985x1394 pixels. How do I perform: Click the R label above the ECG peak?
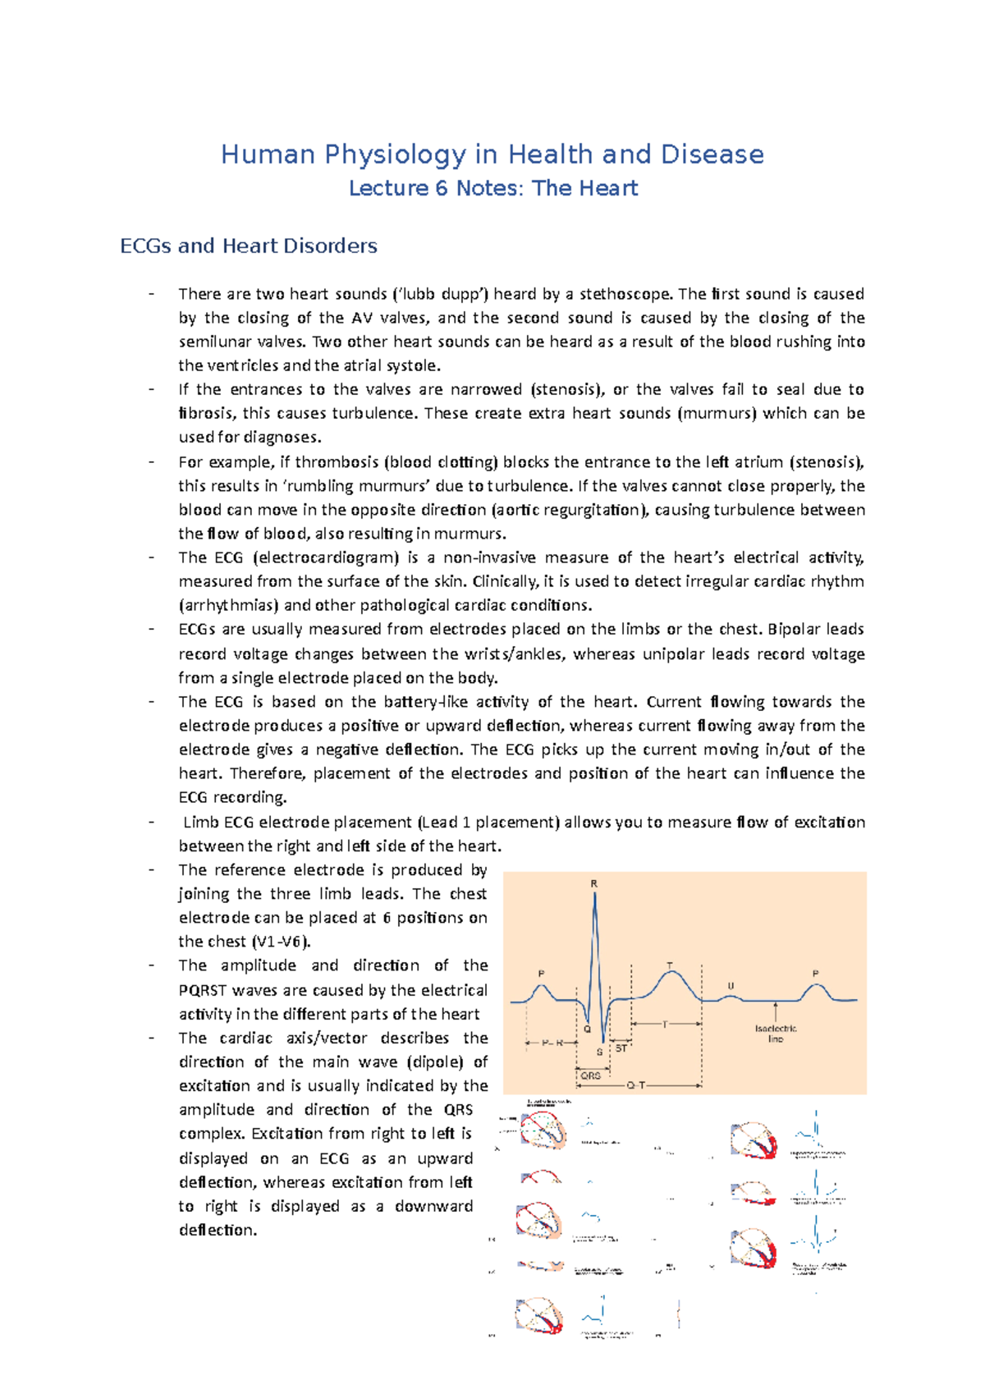pos(594,883)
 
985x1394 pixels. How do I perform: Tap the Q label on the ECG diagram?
pos(587,1029)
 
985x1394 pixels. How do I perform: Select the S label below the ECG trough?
pos(600,1052)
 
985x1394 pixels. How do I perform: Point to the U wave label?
pos(731,986)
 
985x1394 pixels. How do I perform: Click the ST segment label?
pos(621,1048)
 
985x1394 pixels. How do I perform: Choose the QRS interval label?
pos(590,1075)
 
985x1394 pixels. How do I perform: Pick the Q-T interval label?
pos(636,1085)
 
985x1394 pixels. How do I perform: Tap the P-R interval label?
pos(552,1043)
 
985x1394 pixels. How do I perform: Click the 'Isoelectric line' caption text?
pos(776,1034)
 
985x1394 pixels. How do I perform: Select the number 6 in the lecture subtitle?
pos(442,188)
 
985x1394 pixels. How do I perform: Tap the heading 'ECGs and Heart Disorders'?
pos(249,245)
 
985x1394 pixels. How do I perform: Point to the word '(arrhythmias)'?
pos(229,605)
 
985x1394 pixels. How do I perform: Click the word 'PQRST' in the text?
pos(202,990)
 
